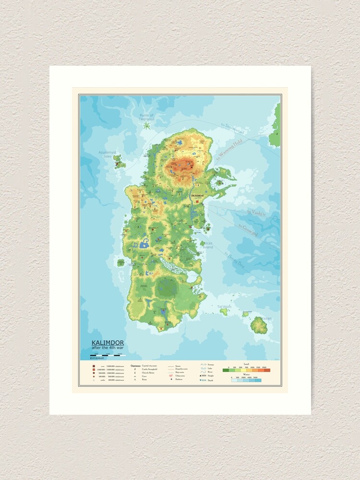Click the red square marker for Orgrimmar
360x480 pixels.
pyautogui.click(x=197, y=192)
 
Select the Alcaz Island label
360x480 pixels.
pyautogui.click(x=208, y=246)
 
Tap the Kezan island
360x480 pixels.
pyautogui.click(x=259, y=326)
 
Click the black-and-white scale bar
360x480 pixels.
pyautogui.click(x=108, y=355)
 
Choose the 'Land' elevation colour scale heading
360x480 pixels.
pyautogui.click(x=246, y=365)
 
